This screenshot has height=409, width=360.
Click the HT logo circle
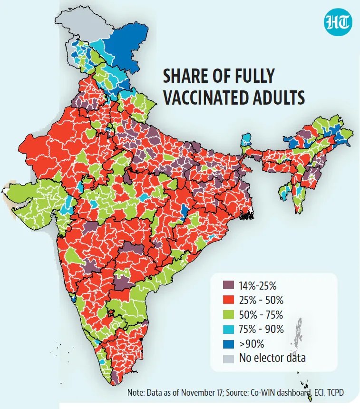pos(338,21)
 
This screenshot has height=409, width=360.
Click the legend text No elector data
pos(273,358)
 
